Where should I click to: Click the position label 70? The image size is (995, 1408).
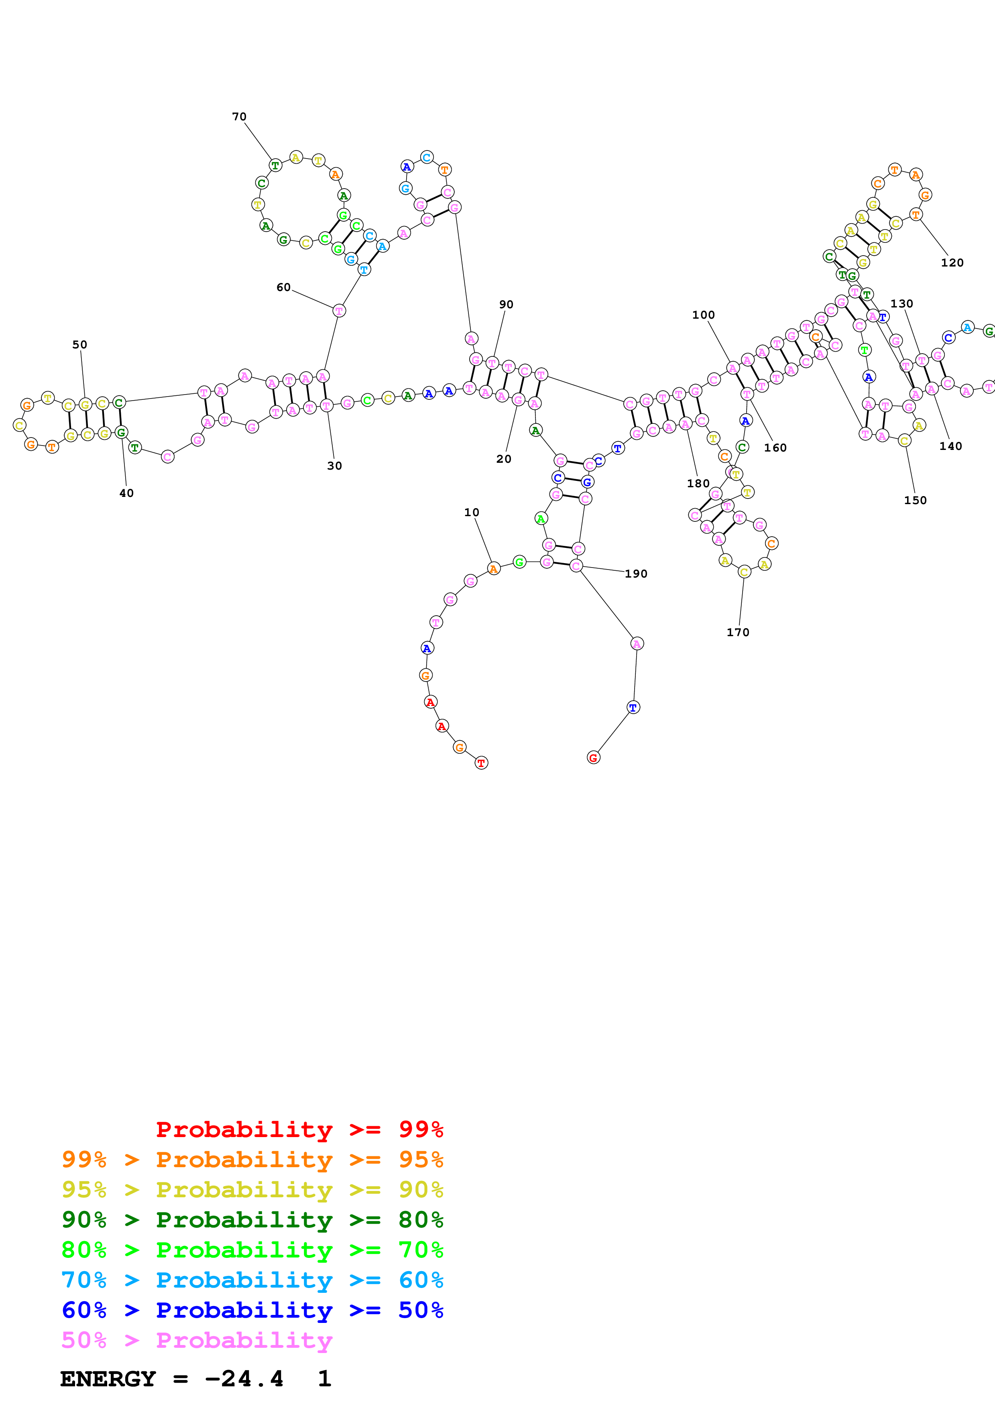point(239,116)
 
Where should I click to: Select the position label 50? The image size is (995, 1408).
point(80,345)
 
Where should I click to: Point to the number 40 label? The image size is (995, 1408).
point(126,493)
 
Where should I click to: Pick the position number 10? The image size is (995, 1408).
point(472,512)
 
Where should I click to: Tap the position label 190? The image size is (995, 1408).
point(636,574)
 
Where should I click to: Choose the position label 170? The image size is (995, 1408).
point(738,632)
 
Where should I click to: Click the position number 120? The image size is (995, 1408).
point(952,262)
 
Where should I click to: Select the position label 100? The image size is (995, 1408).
point(703,315)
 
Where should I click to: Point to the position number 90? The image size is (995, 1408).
point(507,304)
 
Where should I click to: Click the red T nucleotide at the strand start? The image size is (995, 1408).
point(481,763)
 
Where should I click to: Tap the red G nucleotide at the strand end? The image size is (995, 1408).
point(593,758)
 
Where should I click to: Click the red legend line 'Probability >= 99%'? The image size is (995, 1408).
point(299,1129)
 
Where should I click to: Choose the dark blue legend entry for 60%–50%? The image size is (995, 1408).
point(252,1310)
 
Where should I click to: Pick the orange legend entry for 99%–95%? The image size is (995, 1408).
point(252,1159)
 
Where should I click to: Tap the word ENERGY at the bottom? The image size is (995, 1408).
point(108,1379)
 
